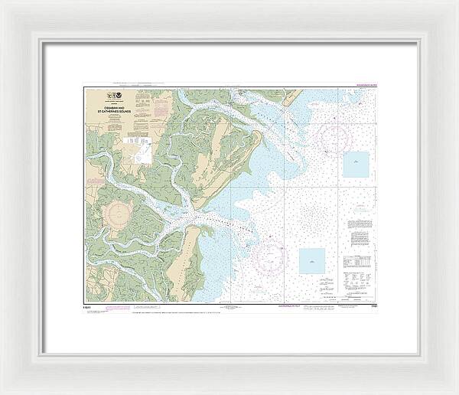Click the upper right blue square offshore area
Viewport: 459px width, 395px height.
[355, 164]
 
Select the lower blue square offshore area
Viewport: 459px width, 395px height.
[311, 260]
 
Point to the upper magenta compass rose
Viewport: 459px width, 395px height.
[334, 139]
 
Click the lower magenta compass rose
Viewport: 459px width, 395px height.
[272, 259]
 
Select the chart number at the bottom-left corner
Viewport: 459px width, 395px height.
[89, 305]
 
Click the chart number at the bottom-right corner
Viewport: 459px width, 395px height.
[371, 305]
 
